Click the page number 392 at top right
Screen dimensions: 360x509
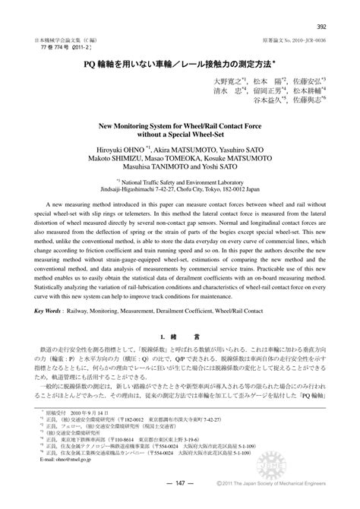321,8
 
